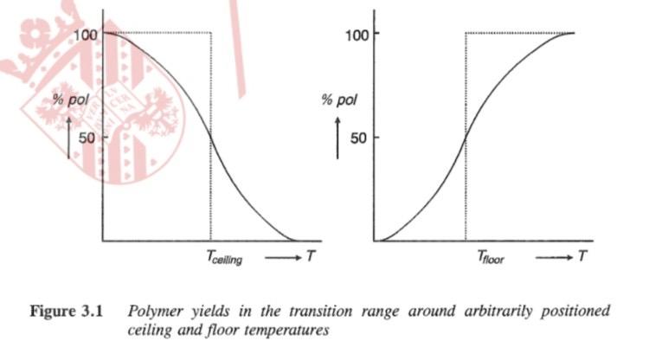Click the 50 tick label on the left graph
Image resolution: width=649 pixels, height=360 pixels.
pyautogui.click(x=88, y=137)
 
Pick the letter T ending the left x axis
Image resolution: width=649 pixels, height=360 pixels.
pyautogui.click(x=310, y=256)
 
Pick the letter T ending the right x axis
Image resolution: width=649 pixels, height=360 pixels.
pyautogui.click(x=584, y=256)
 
